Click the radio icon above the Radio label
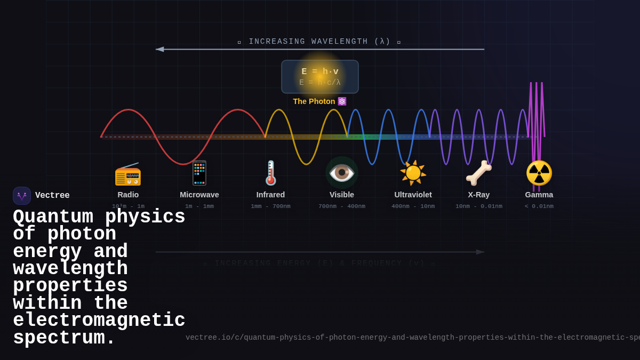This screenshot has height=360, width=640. click(x=128, y=174)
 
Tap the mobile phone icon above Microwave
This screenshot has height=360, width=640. click(x=199, y=173)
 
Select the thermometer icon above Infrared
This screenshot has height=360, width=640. click(x=271, y=173)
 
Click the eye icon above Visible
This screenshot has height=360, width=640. click(x=342, y=172)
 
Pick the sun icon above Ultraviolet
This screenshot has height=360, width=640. click(x=413, y=173)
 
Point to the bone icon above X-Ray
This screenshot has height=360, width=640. click(x=478, y=173)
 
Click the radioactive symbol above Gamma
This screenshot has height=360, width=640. click(x=539, y=173)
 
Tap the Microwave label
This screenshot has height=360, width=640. click(x=199, y=195)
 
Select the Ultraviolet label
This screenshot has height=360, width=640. click(x=413, y=195)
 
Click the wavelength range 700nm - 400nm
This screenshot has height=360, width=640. click(x=342, y=206)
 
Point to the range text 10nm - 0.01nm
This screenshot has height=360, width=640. click(x=478, y=206)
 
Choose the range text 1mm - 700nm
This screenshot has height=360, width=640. click(x=270, y=206)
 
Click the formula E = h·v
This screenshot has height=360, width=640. click(x=320, y=71)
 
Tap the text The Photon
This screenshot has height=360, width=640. click(x=314, y=101)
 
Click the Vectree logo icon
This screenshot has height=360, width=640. click(x=22, y=196)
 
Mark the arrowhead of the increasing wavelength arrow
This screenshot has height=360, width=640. click(x=159, y=49)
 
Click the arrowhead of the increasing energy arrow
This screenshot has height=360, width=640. click(x=481, y=252)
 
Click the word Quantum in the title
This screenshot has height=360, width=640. click(x=53, y=217)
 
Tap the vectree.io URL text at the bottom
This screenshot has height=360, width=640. click(x=411, y=338)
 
